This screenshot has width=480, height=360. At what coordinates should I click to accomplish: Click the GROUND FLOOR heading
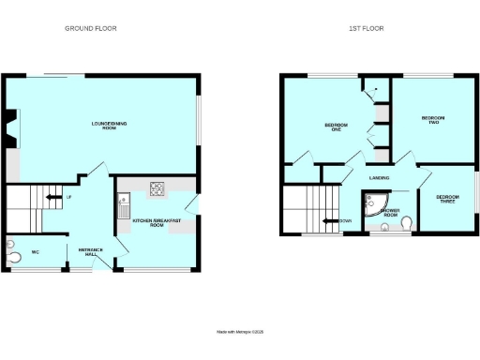pyautogui.click(x=97, y=29)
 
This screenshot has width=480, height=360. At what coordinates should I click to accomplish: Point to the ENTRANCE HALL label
pyautogui.click(x=90, y=251)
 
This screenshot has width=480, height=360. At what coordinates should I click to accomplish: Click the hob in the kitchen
pyautogui.click(x=155, y=189)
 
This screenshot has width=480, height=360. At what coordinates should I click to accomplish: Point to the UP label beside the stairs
pyautogui.click(x=68, y=197)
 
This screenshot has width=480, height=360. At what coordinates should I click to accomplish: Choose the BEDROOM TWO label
pyautogui.click(x=433, y=120)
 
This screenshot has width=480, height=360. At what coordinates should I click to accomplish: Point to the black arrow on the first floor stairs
pyautogui.click(x=328, y=221)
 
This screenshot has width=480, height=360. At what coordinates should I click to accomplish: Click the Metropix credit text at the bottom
pyautogui.click(x=240, y=330)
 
